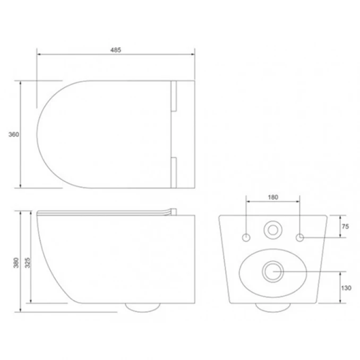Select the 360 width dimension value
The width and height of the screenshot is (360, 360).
(14, 134)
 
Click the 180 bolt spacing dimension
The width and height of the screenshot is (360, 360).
(272, 198)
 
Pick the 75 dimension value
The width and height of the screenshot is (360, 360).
(345, 226)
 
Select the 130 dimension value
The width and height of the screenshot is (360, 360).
(345, 287)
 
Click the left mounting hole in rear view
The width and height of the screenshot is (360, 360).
(246, 236)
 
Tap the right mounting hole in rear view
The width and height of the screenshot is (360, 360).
(300, 236)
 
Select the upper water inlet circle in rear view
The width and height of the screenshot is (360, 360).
(273, 229)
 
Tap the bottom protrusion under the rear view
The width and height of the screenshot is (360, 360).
(273, 306)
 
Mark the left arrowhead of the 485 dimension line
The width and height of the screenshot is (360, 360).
(38, 54)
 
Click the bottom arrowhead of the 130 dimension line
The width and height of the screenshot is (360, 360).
(340, 302)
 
